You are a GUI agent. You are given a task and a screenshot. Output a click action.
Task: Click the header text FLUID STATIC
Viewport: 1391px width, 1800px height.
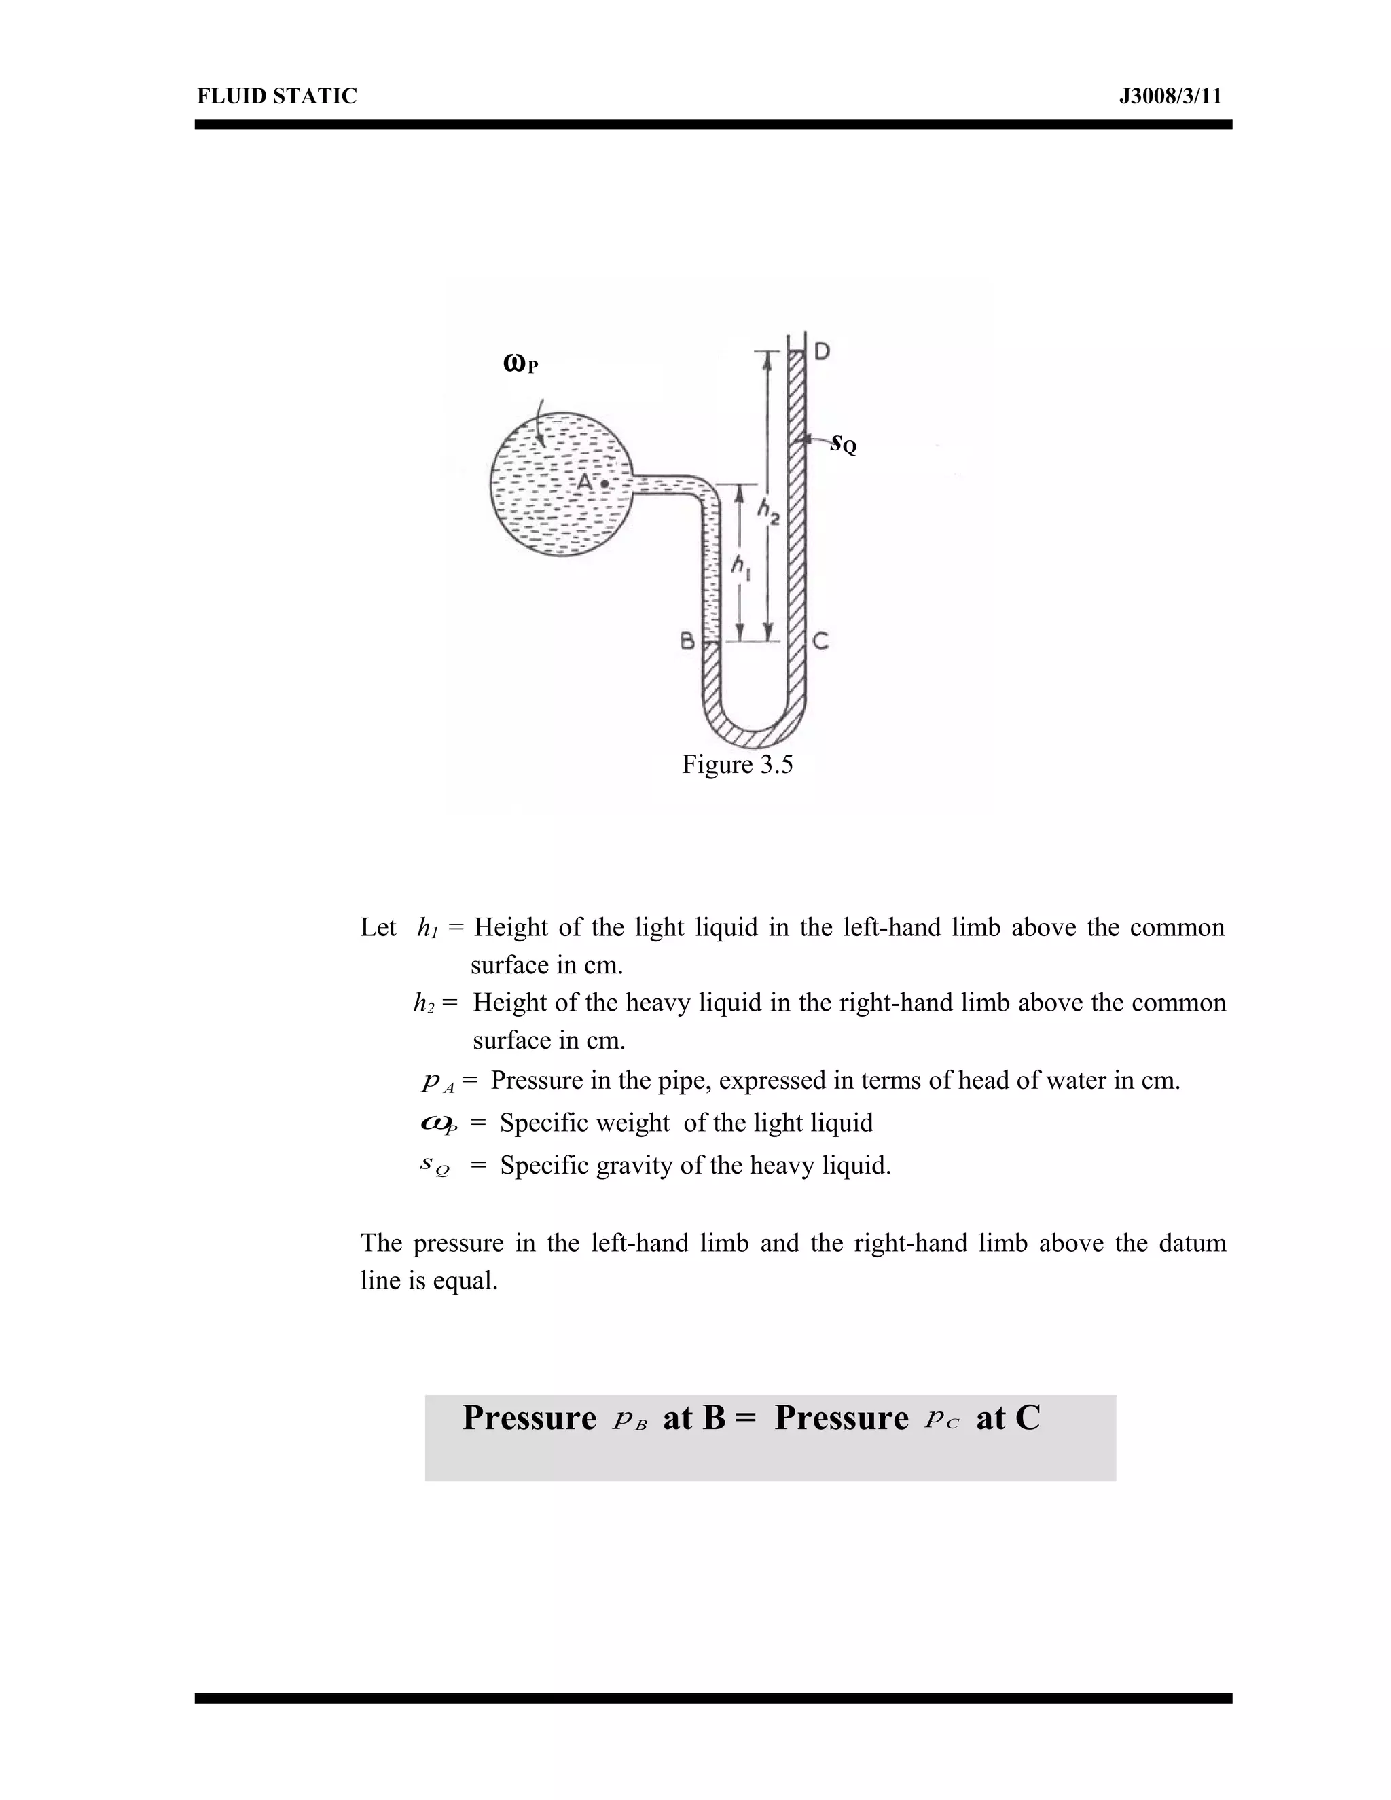click(x=277, y=96)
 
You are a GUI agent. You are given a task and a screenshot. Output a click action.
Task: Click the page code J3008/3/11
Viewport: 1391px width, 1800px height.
click(x=1170, y=96)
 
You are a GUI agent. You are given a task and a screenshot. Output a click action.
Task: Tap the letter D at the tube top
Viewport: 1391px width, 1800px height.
click(x=822, y=352)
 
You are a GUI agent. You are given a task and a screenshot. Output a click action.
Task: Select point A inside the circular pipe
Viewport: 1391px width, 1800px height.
click(x=605, y=484)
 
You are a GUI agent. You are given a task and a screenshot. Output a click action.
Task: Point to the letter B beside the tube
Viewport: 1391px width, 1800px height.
click(x=687, y=641)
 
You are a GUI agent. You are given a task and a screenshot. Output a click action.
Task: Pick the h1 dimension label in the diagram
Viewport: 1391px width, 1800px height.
click(x=742, y=566)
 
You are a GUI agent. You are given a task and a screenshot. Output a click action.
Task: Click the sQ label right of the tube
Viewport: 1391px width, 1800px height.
click(x=843, y=444)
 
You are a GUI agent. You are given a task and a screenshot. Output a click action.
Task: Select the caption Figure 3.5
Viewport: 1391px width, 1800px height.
click(x=737, y=765)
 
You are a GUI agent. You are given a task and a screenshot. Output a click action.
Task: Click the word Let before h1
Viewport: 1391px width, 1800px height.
click(x=378, y=928)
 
